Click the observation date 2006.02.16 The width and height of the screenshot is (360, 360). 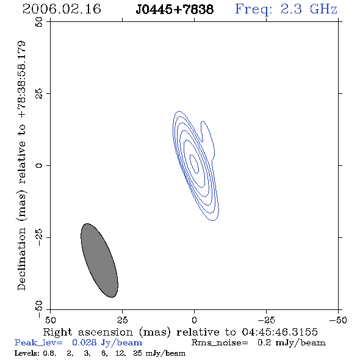pos(62,9)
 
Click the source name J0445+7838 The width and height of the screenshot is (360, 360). pos(175,9)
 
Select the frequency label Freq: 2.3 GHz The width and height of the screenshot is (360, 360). pos(286,9)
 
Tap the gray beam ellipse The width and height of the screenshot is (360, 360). pos(99,261)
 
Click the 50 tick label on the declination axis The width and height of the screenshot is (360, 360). pos(39,22)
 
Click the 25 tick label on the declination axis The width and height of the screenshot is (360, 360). pos(39,94)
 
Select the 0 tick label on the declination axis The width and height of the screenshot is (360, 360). pos(39,165)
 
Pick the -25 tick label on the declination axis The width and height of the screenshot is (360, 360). pos(39,237)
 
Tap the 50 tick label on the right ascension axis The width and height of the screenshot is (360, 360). pos(50,320)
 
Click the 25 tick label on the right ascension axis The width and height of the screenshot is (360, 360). pos(122,320)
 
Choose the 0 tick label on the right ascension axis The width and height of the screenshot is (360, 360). pos(194,320)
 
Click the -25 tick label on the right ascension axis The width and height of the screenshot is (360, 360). pos(266,320)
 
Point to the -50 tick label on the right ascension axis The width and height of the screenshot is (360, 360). pos(338,320)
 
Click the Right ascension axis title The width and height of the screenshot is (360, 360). pos(180,332)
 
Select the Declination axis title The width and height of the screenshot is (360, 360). pos(21,165)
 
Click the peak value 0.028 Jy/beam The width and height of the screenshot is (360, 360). pos(107,343)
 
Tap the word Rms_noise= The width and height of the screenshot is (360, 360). pos(220,343)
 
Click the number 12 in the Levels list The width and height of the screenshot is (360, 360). pos(120,353)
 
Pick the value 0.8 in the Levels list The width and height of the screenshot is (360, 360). pos(49,353)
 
